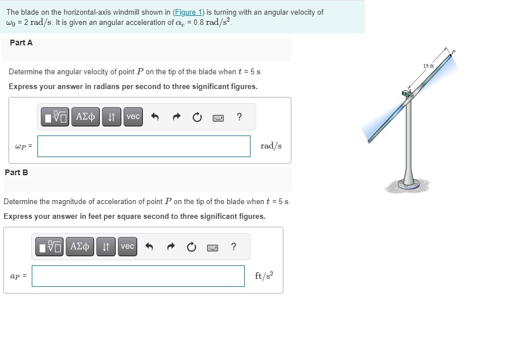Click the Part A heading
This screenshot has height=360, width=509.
pos(21,43)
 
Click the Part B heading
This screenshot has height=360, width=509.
pos(16,172)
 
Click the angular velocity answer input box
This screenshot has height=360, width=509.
pos(144,146)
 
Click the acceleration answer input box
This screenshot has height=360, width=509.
pos(138,276)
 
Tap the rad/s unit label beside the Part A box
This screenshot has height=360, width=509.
pos(271,146)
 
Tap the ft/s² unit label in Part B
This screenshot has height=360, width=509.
pos(264,276)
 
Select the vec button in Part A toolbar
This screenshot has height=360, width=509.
pos(133,117)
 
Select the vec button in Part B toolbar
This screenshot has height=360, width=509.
pos(128,247)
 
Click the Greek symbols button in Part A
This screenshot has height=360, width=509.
pos(85,117)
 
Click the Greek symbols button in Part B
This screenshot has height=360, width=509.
pos(79,247)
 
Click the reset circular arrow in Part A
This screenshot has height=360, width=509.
pos(197,117)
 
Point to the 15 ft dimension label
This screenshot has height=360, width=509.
pos(428,66)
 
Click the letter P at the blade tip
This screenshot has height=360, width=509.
pos(453,52)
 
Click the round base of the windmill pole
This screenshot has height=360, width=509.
pos(408,184)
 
